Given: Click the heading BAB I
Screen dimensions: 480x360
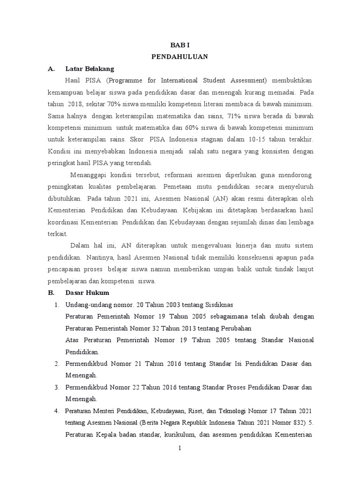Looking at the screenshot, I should point(180,45).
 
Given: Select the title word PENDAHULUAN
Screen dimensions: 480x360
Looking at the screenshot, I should point(180,56).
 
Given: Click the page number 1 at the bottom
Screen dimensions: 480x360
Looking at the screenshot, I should point(180,449).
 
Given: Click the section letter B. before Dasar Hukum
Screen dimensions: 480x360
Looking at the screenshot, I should point(52,293).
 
